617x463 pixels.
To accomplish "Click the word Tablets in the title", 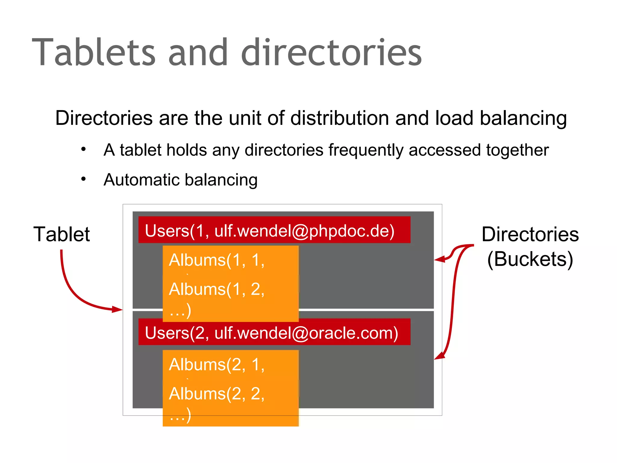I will coord(94,52).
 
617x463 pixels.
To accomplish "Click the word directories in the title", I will coord(331,52).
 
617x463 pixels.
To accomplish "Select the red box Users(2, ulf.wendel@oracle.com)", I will coord(274,332).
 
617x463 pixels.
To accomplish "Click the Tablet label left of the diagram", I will coord(61,234).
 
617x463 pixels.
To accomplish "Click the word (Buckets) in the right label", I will coord(530,259).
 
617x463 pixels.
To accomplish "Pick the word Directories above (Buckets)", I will coord(530,234).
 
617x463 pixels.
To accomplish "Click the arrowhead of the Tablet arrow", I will coord(118,309).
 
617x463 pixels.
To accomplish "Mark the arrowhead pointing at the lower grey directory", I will coord(439,356).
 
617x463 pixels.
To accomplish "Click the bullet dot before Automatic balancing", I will coord(83,179).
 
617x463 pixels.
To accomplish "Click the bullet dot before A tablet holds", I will coord(83,149).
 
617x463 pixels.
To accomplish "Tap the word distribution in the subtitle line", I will coord(340,118).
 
